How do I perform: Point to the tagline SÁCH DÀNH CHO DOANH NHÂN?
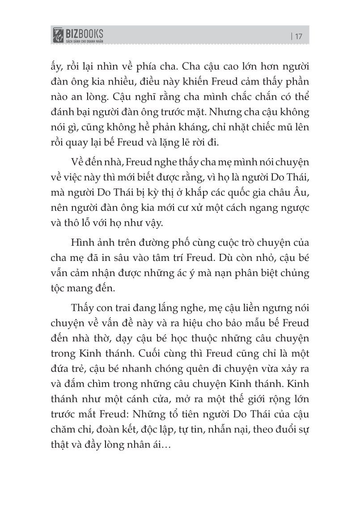tap(85, 40)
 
